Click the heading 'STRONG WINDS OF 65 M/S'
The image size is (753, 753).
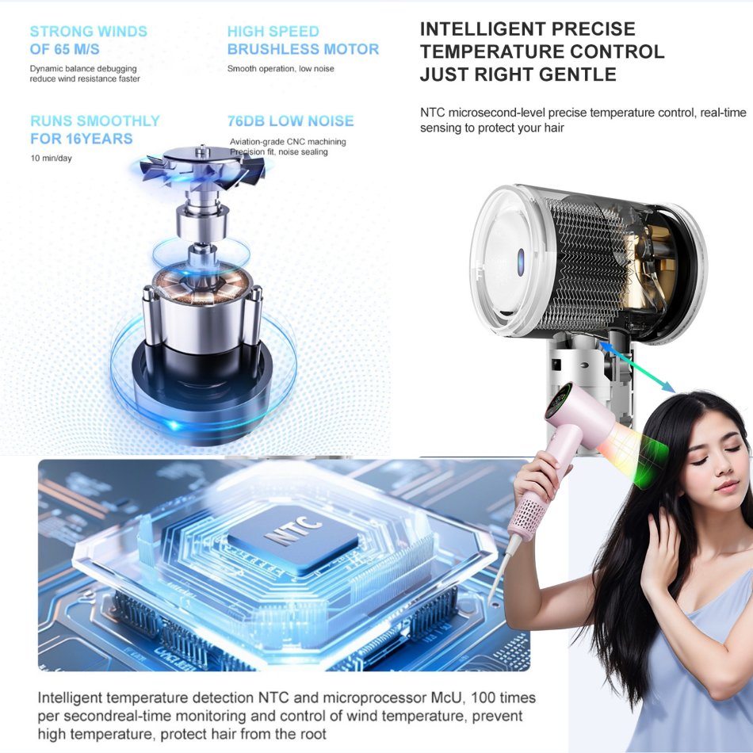tap(88, 40)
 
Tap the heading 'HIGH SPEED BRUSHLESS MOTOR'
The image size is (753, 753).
tap(303, 40)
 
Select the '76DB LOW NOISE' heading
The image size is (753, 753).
tap(290, 121)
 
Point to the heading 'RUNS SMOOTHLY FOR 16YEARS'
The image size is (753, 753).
tap(94, 130)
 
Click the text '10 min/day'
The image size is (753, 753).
tap(50, 159)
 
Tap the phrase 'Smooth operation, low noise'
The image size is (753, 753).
tap(281, 69)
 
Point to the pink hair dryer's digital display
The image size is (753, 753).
tap(564, 394)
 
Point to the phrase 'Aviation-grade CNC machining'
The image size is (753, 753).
tap(288, 142)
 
